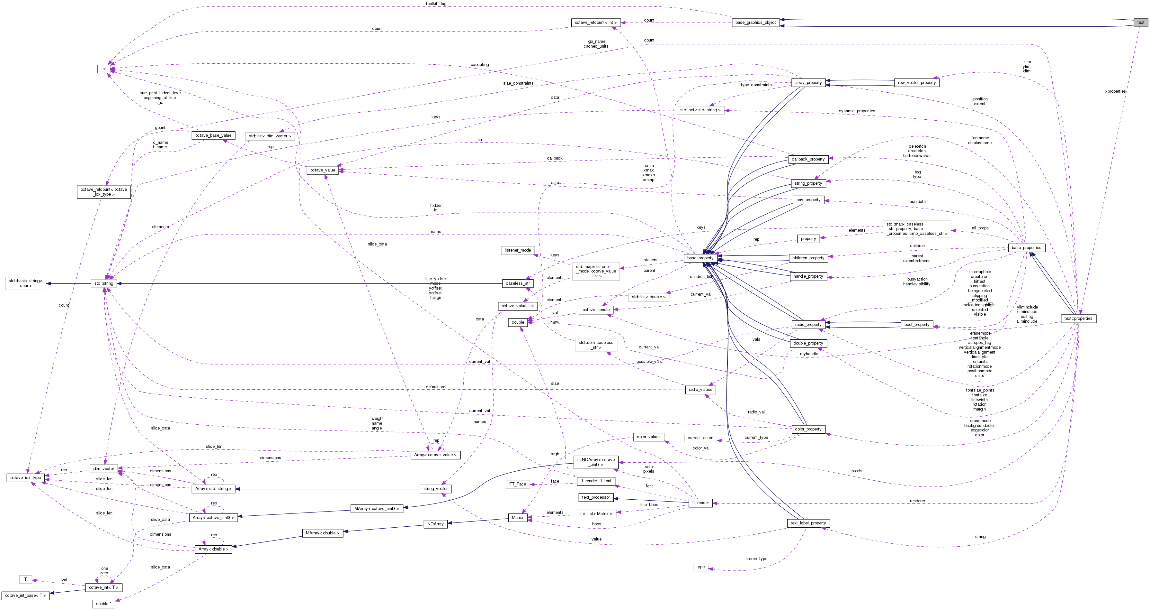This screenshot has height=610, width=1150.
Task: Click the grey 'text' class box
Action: [x=1141, y=22]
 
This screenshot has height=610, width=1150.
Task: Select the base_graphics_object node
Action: [x=755, y=22]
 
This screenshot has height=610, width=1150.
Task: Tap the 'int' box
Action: [x=103, y=69]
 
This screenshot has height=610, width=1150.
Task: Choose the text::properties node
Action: [x=1078, y=319]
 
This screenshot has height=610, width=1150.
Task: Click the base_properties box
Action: [x=1026, y=248]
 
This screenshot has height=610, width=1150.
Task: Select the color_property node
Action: [x=808, y=429]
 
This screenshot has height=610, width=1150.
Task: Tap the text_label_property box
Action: [x=808, y=523]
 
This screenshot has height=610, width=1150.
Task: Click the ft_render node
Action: [x=700, y=503]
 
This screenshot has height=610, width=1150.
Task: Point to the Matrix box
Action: [x=517, y=517]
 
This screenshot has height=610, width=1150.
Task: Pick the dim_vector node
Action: [x=103, y=469]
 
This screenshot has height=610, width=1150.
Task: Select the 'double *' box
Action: [x=103, y=604]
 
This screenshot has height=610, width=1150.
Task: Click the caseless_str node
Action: [x=518, y=283]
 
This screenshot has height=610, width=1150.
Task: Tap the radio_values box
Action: [x=700, y=390]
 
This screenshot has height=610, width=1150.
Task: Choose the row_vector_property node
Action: [x=916, y=83]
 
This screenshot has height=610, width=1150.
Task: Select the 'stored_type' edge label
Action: [x=756, y=559]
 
